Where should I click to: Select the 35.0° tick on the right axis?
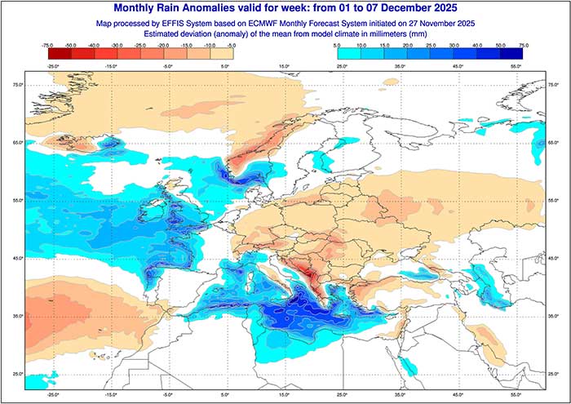(554, 314)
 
